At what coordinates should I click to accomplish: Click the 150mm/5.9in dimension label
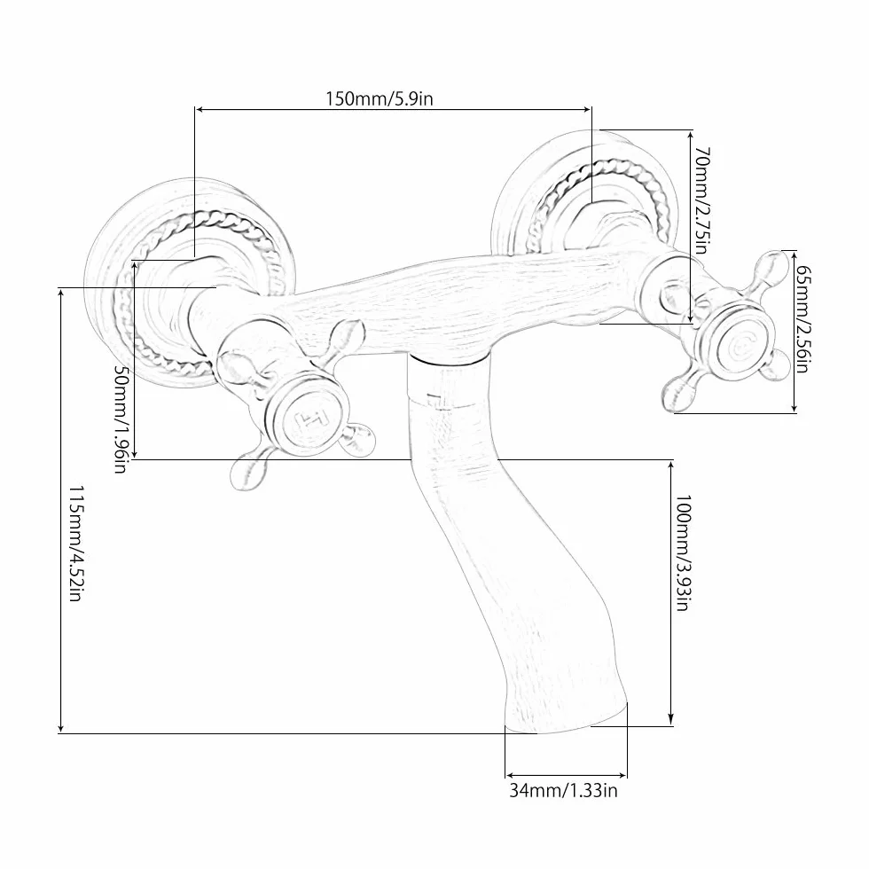coord(380,99)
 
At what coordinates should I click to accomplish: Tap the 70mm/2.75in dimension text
coord(701,200)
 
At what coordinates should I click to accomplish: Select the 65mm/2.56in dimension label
coord(803,319)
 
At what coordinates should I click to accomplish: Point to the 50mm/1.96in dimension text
coord(121,419)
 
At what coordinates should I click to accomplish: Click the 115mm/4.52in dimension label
coord(75,544)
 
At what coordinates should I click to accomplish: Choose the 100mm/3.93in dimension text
coord(683,553)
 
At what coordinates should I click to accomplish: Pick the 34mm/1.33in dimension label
coord(563,790)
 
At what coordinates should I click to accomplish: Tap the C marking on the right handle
coord(740,348)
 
